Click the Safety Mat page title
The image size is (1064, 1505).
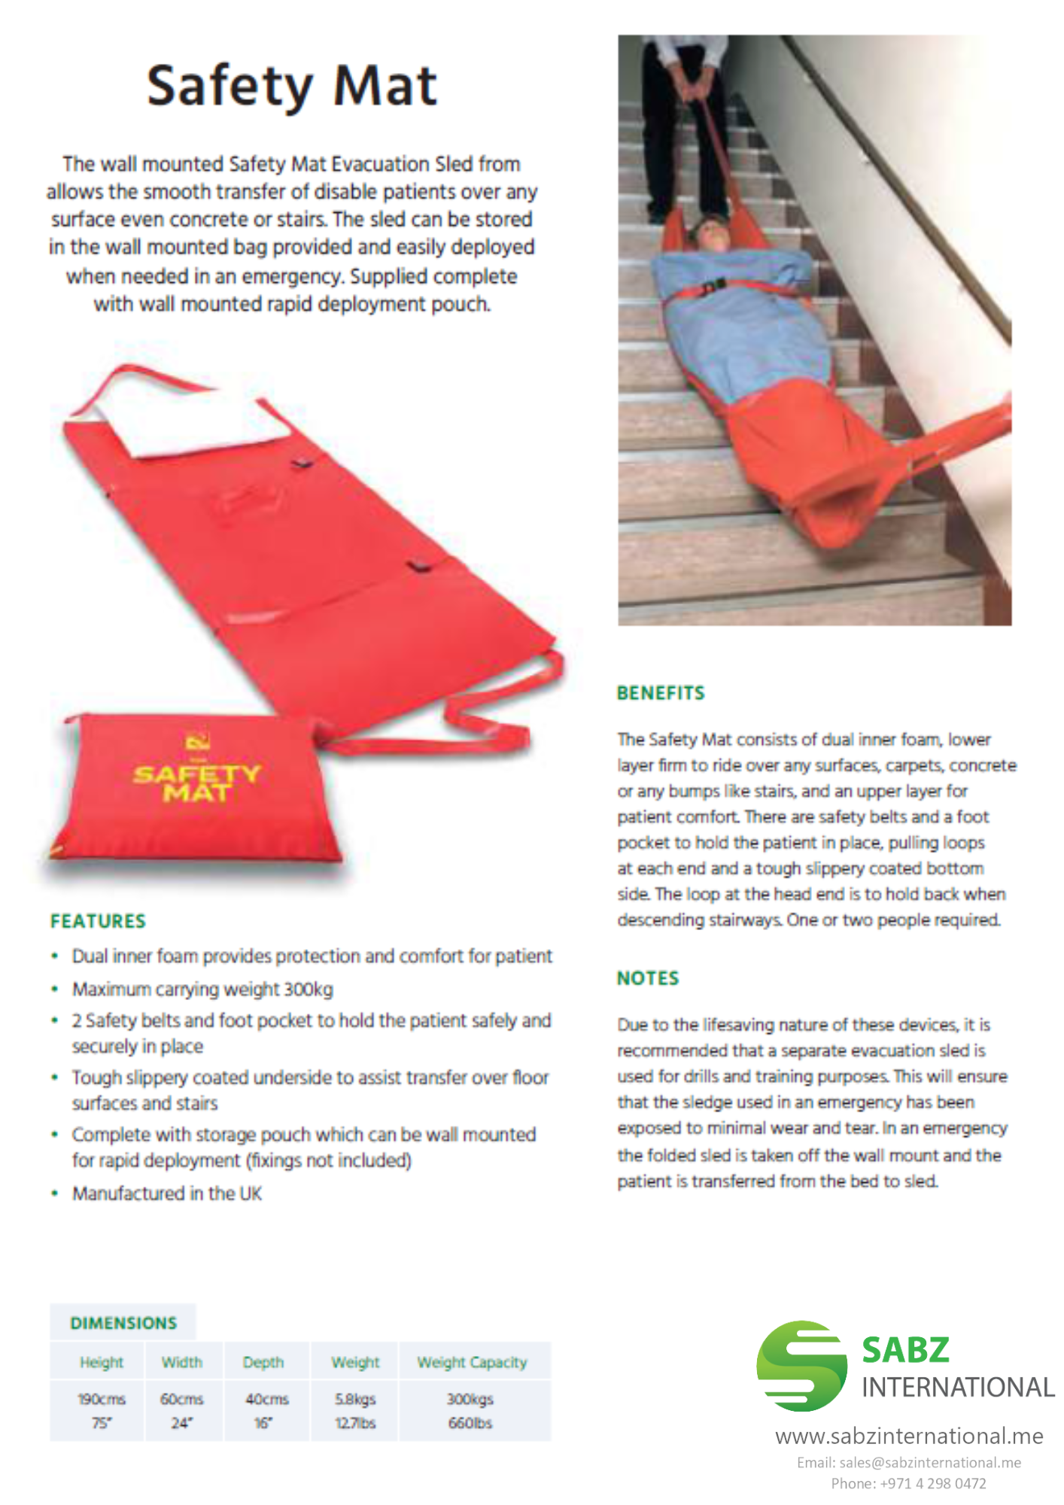291,86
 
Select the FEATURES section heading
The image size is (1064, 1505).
98,921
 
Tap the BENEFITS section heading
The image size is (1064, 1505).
661,693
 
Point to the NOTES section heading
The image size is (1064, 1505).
648,978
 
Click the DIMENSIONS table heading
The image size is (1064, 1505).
123,1323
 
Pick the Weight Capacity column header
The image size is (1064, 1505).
472,1362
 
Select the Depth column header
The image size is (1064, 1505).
263,1362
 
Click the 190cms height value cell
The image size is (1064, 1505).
102,1409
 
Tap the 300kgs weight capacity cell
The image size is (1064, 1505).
470,1409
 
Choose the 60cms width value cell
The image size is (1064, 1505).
181,1409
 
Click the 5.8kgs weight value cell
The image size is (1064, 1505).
355,1409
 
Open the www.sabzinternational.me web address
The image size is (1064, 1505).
909,1437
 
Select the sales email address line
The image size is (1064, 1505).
909,1463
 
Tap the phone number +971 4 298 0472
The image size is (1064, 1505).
909,1483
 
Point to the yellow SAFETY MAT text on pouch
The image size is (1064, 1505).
196,783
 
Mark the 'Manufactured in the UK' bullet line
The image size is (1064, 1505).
166,1193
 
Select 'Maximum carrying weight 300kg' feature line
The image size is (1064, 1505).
202,989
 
